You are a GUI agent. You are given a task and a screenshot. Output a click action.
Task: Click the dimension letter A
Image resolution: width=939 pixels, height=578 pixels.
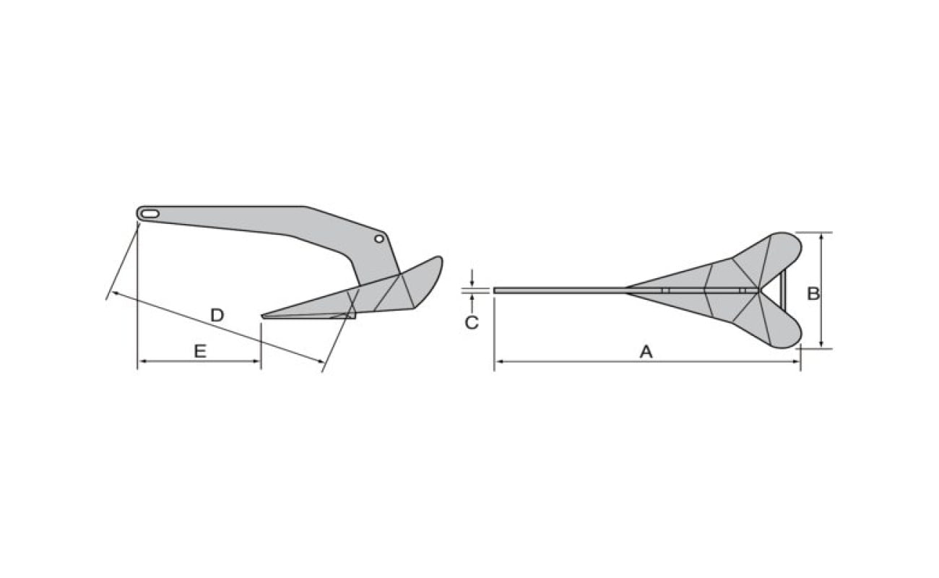click(646, 352)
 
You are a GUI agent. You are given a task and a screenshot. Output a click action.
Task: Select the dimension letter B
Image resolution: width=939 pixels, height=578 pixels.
click(813, 293)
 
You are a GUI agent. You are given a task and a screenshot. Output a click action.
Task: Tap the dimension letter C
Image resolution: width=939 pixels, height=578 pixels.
click(472, 322)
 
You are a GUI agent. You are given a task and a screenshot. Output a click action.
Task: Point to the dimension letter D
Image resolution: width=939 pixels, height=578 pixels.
click(217, 315)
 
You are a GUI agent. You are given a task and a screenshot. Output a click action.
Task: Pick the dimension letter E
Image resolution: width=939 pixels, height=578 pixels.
click(200, 351)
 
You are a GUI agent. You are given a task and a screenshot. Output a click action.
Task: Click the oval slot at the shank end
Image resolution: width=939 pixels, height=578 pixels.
click(150, 214)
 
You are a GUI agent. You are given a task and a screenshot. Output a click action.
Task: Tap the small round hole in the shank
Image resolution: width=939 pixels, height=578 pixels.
click(379, 238)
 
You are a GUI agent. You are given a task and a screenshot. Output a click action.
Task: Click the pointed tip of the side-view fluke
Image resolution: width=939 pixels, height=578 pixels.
click(263, 316)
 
